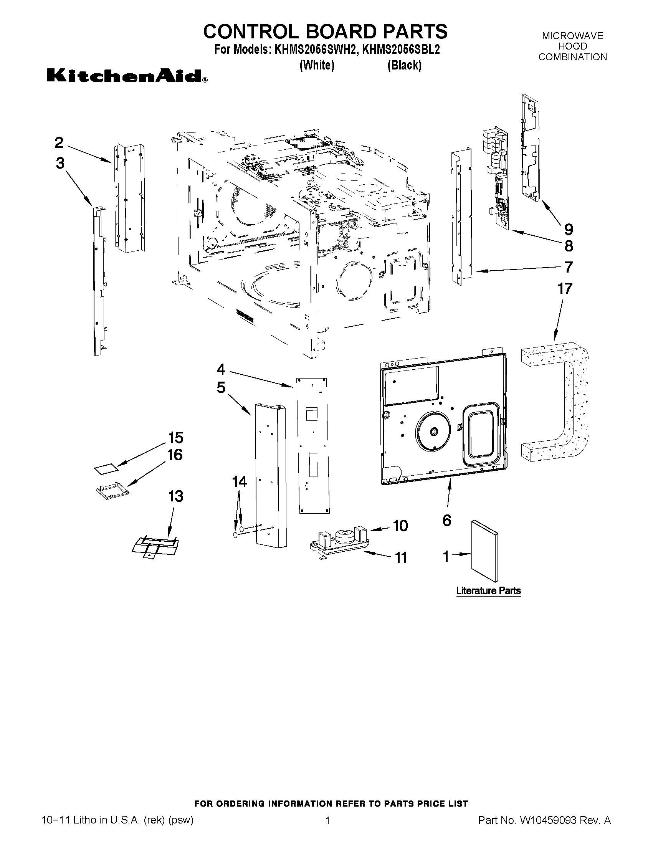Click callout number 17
[565, 289]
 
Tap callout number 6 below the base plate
[447, 520]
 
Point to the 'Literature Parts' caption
[488, 591]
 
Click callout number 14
[240, 482]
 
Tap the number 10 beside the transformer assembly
[400, 526]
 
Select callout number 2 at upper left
[59, 143]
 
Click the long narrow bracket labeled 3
[98, 283]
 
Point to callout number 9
[568, 230]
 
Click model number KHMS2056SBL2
[401, 50]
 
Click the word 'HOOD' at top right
[572, 46]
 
